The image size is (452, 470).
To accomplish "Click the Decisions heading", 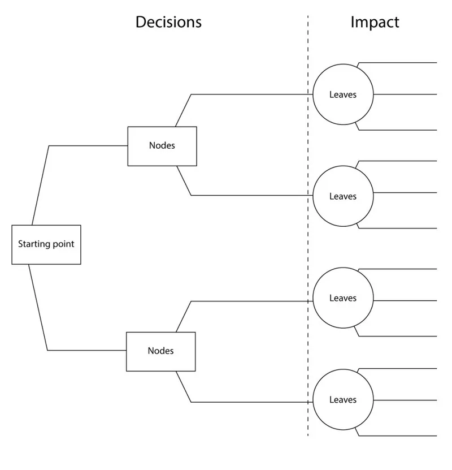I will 168,22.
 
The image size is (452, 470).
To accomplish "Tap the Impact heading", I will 375,22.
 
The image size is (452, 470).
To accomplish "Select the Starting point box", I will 46,244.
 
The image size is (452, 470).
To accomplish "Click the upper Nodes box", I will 162,146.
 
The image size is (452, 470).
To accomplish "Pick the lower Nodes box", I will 160,351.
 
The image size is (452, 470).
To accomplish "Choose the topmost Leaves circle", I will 343,94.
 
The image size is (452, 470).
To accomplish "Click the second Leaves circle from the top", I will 343,196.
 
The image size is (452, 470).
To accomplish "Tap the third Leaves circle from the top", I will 343,298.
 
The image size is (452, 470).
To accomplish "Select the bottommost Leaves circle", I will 343,400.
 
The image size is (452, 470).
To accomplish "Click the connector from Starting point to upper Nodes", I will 85,145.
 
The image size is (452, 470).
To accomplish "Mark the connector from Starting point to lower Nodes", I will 85,351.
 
